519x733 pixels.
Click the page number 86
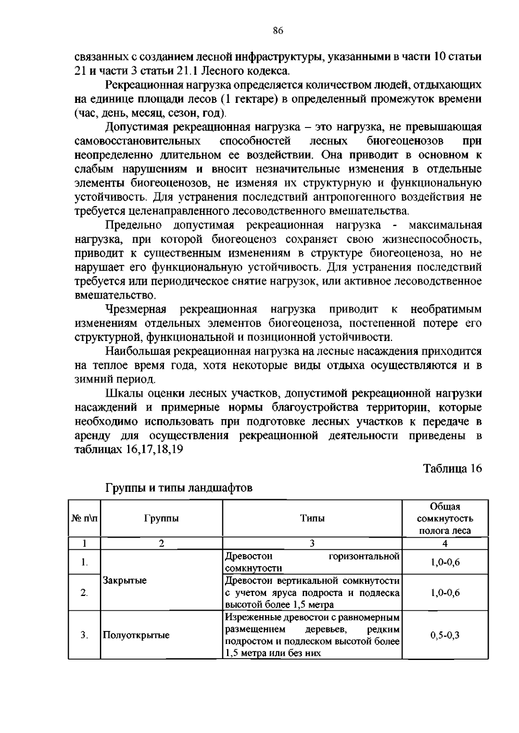[278, 30]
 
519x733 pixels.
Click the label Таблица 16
[452, 468]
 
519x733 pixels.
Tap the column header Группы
[161, 518]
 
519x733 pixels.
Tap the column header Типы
[312, 518]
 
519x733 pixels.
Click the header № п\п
[84, 518]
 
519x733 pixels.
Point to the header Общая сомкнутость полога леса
[445, 518]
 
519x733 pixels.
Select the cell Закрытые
[125, 580]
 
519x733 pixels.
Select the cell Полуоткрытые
[136, 635]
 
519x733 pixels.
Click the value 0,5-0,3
[445, 635]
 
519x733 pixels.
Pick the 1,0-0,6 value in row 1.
[445, 562]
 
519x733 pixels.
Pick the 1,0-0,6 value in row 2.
[445, 593]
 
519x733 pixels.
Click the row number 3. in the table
[84, 635]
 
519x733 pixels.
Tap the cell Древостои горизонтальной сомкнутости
[312, 562]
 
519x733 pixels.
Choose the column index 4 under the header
[445, 544]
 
